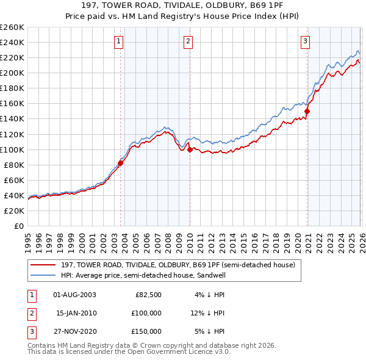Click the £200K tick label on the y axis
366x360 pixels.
pyautogui.click(x=12, y=73)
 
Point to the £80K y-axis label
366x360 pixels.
pyautogui.click(x=13, y=165)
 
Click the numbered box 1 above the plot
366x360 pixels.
pyautogui.click(x=118, y=41)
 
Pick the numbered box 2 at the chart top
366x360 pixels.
pyautogui.click(x=188, y=41)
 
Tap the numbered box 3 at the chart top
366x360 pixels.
pyautogui.click(x=305, y=41)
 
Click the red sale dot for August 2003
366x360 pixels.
pyautogui.click(x=121, y=163)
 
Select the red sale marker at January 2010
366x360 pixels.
pyautogui.click(x=190, y=149)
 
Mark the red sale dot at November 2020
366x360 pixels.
pyautogui.click(x=307, y=111)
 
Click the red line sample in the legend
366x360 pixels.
pyautogui.click(x=43, y=265)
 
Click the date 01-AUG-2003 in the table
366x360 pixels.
pyautogui.click(x=74, y=295)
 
